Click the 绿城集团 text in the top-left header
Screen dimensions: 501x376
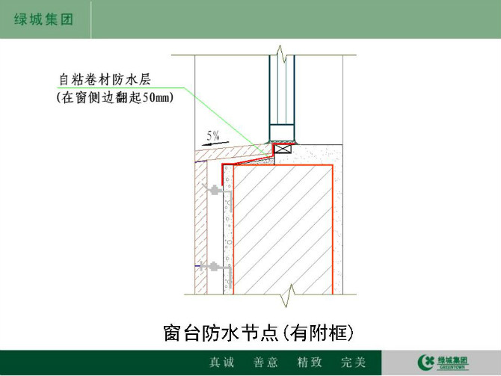tap(43, 19)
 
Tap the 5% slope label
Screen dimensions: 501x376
tap(213, 135)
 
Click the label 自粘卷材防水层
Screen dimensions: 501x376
tap(105, 79)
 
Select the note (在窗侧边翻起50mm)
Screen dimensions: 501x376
tap(115, 97)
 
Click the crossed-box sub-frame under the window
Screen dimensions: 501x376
tap(283, 150)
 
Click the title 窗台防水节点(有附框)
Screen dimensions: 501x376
tap(259, 333)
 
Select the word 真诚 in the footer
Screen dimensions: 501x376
tap(222, 363)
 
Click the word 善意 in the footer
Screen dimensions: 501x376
tap(265, 363)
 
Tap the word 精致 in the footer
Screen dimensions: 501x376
tap(310, 363)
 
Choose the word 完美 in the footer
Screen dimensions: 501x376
tap(353, 363)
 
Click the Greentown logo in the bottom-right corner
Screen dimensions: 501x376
tap(443, 363)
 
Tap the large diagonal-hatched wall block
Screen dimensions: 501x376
tap(283, 229)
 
